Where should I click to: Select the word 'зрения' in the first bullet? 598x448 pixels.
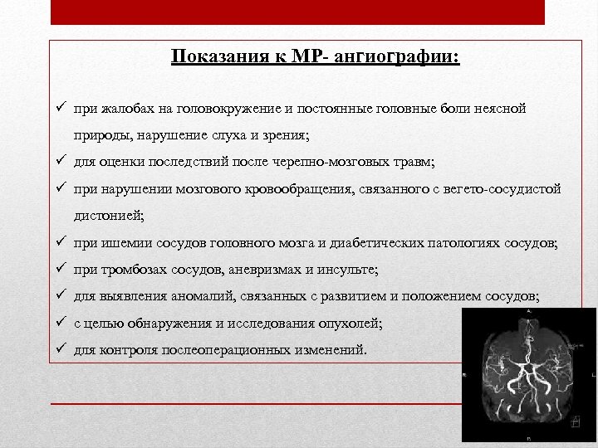click(x=285, y=135)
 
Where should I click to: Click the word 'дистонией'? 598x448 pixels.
click(x=107, y=216)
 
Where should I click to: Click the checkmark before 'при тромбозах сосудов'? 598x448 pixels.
click(x=61, y=269)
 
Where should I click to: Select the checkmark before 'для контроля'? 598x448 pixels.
click(x=61, y=349)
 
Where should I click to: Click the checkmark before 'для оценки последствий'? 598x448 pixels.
click(x=61, y=161)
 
